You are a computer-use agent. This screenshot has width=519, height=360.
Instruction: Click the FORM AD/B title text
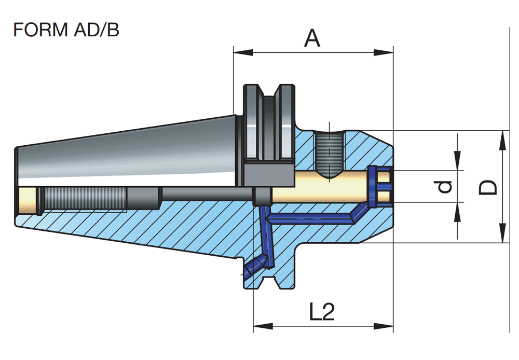[x=66, y=30]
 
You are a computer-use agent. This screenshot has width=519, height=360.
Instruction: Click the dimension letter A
[x=312, y=38]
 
